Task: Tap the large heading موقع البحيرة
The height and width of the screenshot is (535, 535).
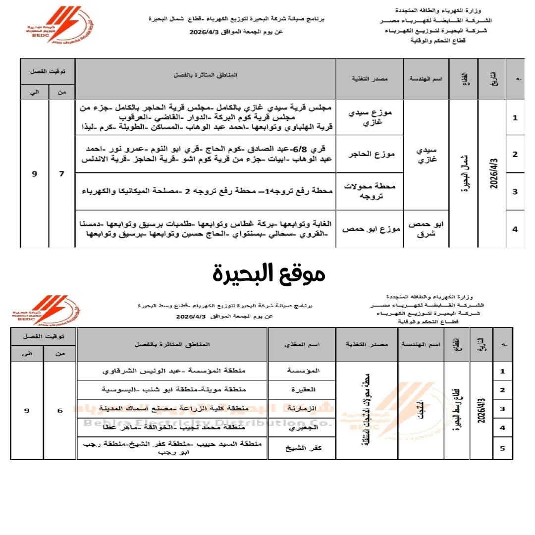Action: [269, 273]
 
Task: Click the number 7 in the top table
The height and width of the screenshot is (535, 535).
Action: [62, 174]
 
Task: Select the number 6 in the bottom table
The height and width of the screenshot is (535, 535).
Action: [60, 411]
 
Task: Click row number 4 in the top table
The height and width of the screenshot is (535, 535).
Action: [515, 229]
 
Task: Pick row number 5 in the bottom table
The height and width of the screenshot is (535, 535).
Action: [503, 449]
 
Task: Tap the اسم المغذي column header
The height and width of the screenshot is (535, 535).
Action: [302, 344]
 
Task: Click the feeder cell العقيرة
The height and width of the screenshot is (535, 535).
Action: [302, 390]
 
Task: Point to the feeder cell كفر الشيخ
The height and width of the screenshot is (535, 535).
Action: [302, 448]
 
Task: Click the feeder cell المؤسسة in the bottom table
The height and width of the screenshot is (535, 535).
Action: [302, 371]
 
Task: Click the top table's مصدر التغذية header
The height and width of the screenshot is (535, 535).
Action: [369, 79]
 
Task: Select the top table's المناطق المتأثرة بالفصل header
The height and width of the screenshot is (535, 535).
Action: [205, 74]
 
